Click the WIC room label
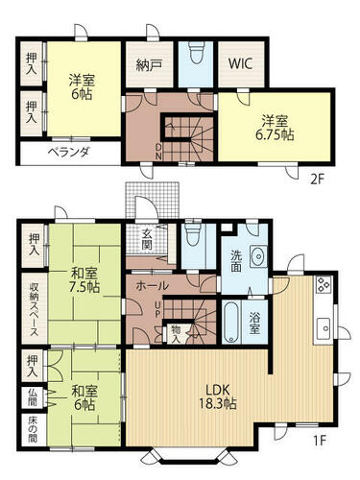pos(240,63)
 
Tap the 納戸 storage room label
pos(149,65)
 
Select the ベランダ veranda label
pos(68,152)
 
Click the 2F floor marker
pos(317,180)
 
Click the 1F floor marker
pos(319,441)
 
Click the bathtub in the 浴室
pos(231,323)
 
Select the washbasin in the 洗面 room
pos(258,256)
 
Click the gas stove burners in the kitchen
pos(323,284)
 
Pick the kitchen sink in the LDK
pos(323,328)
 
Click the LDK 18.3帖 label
pos(218,396)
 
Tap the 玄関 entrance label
pos(147,240)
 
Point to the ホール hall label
pos(152,286)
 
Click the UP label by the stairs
pos(157,309)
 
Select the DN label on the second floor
pos(158,152)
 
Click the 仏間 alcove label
pos(33,396)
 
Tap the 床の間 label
pos(33,430)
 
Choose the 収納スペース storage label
pos(34,309)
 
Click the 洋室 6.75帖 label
pos(275,128)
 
